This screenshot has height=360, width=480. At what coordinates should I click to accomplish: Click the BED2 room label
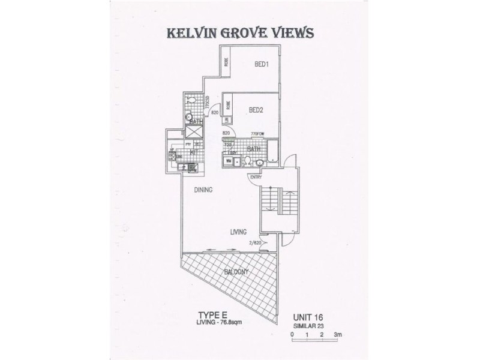click(x=257, y=110)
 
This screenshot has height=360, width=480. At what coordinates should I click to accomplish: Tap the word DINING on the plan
click(x=204, y=190)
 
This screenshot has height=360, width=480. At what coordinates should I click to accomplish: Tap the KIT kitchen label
click(x=194, y=152)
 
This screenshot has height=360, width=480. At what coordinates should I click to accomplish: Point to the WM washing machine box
click(x=228, y=161)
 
